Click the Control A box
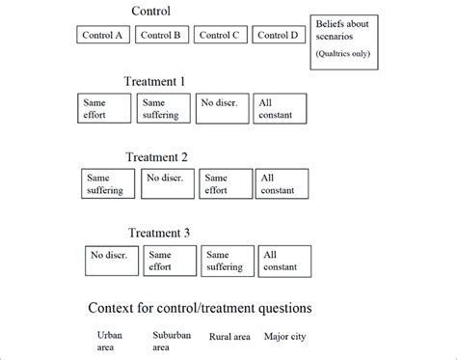[104, 36]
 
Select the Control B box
[162, 36]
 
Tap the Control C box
[221, 36]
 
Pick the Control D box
[279, 36]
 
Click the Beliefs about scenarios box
[344, 42]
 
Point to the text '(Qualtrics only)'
[344, 54]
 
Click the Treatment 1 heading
[165, 82]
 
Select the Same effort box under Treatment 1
[104, 108]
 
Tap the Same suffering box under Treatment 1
[162, 108]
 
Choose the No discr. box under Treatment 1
[221, 108]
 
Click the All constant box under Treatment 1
[280, 108]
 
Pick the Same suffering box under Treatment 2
[108, 183]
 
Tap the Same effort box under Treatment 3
[170, 260]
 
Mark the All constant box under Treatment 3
[284, 260]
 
